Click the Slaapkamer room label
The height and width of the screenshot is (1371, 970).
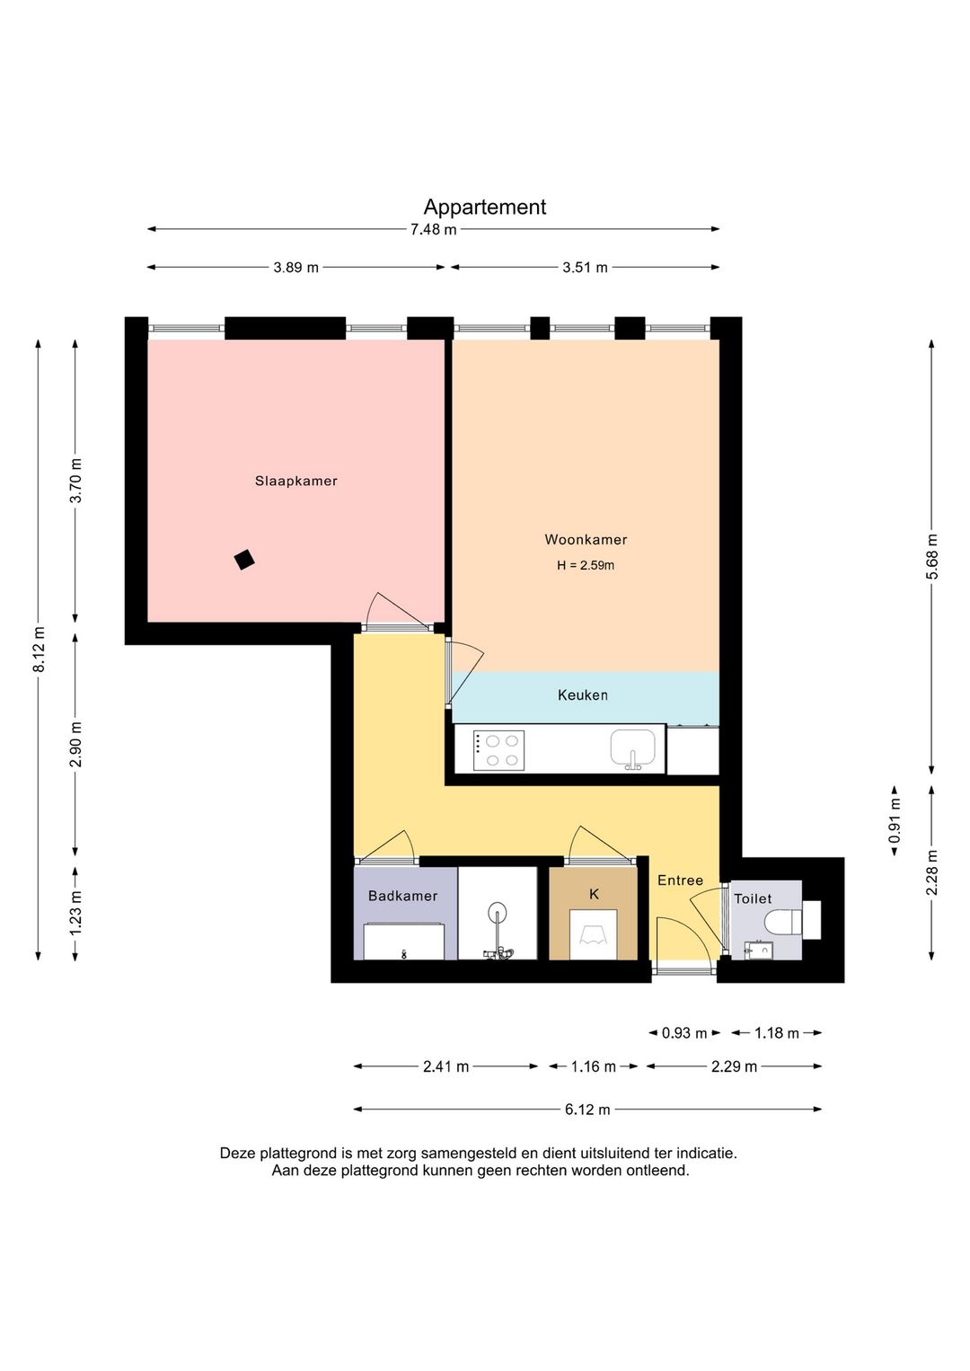point(296,481)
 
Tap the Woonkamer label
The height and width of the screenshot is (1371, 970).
point(586,539)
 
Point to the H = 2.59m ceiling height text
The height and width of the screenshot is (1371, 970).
point(586,565)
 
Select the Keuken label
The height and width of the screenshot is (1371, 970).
point(583,694)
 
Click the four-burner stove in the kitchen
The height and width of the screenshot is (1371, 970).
point(498,750)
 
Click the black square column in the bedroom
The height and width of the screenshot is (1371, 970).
point(244,560)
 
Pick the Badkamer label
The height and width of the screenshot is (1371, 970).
point(402,896)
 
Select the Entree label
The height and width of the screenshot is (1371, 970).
point(680,880)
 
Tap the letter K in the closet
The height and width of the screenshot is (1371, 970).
point(594,894)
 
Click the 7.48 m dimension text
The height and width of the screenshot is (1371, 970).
point(433,229)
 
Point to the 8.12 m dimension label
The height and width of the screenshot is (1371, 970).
point(39,649)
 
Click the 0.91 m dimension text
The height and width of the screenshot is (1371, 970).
point(895,819)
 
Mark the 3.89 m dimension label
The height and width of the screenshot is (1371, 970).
point(296,268)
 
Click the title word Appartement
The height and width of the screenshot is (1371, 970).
point(485,207)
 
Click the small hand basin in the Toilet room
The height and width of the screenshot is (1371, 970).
point(759,951)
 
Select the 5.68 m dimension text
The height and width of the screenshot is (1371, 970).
point(931,556)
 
